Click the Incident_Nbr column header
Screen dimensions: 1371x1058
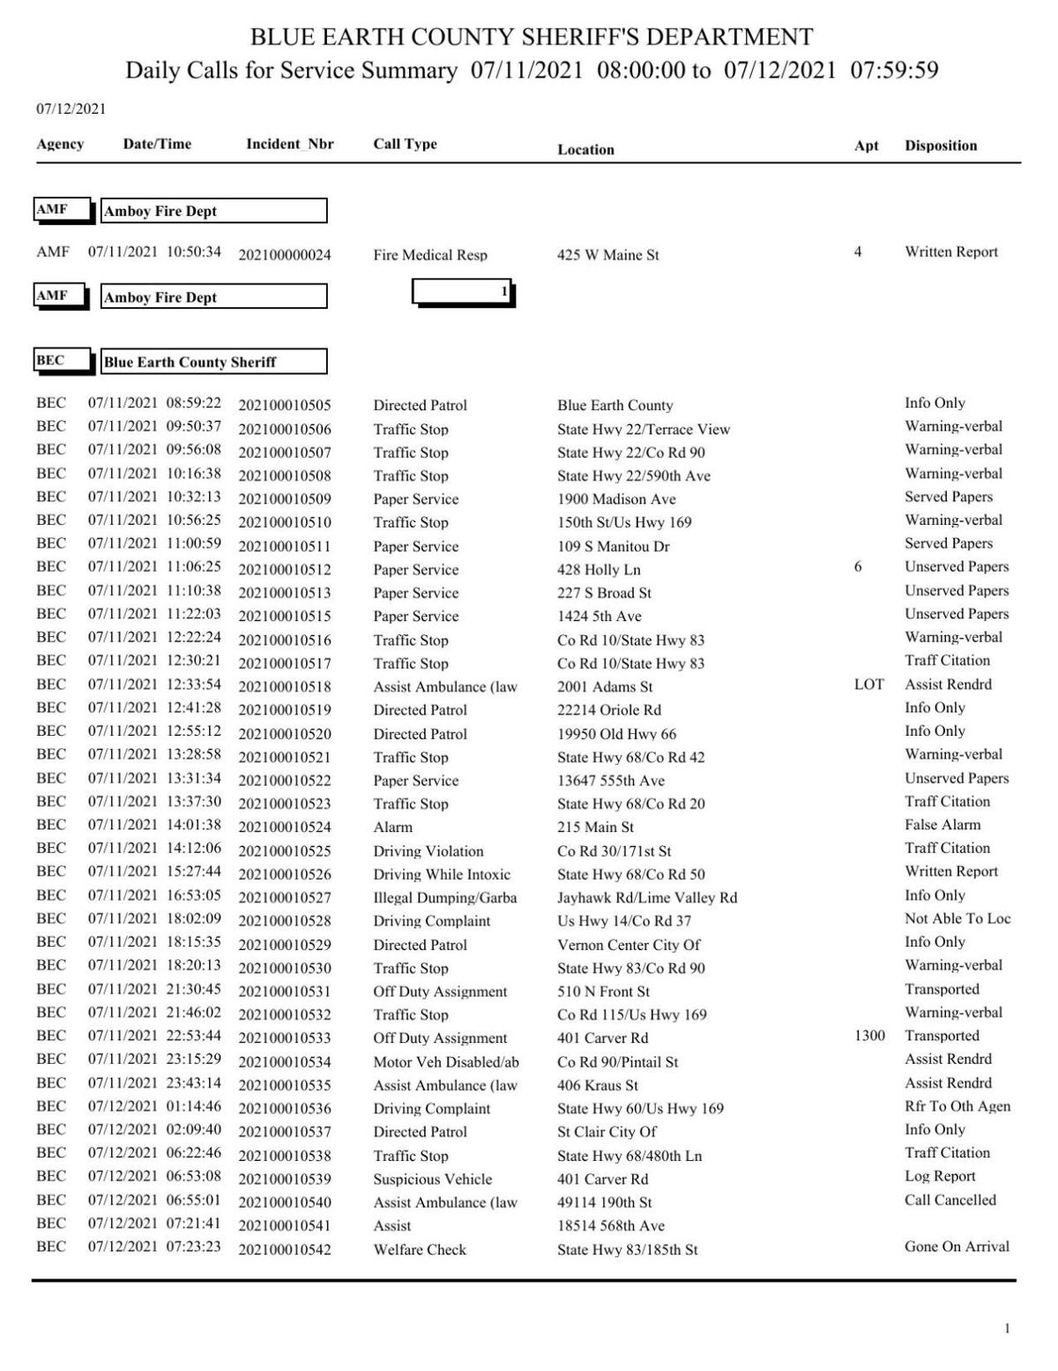pyautogui.click(x=289, y=145)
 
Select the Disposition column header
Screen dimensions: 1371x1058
pyautogui.click(x=940, y=146)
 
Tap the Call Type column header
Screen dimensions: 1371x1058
pyautogui.click(x=405, y=144)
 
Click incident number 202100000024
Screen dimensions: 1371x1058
pyautogui.click(x=285, y=255)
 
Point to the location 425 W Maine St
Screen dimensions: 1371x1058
pyautogui.click(x=607, y=255)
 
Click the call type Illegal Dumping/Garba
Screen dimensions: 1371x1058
pyautogui.click(x=444, y=898)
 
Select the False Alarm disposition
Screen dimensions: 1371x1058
pyautogui.click(x=942, y=825)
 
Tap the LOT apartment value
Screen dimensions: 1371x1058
pyautogui.click(x=868, y=685)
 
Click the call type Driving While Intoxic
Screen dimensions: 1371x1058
pyautogui.click(x=442, y=874)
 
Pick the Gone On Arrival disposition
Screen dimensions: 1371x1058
pyautogui.click(x=957, y=1247)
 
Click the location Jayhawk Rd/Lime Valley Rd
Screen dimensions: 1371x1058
pyautogui.click(x=647, y=898)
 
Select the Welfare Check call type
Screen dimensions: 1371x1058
pyautogui.click(x=420, y=1249)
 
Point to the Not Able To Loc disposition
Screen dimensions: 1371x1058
pyautogui.click(x=957, y=918)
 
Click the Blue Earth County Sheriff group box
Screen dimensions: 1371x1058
pyautogui.click(x=213, y=362)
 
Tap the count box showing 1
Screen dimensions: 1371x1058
pyautogui.click(x=463, y=292)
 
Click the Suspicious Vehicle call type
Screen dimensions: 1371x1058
pyautogui.click(x=432, y=1180)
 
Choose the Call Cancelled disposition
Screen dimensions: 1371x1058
pyautogui.click(x=950, y=1200)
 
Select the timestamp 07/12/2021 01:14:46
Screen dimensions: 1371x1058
pyautogui.click(x=154, y=1106)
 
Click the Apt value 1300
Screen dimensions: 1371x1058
pyautogui.click(x=869, y=1036)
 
